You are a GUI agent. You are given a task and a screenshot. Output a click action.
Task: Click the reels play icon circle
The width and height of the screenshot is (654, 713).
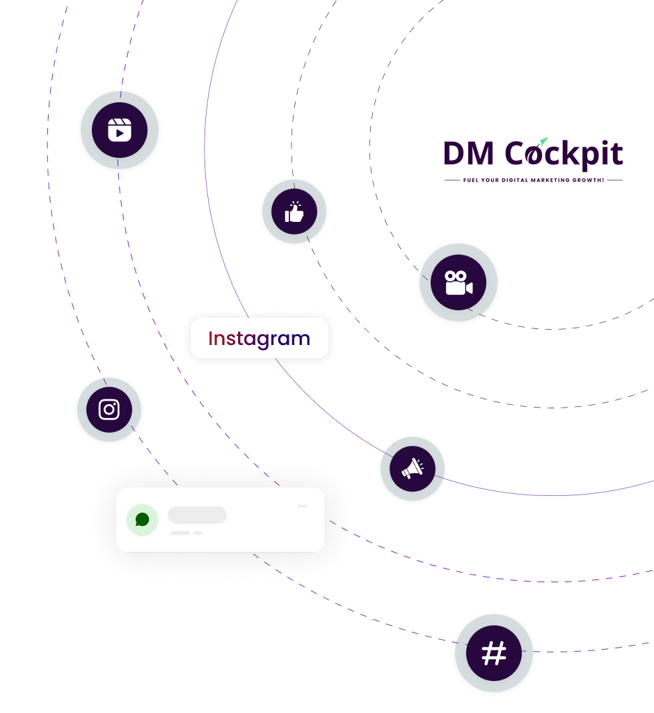pyautogui.click(x=120, y=130)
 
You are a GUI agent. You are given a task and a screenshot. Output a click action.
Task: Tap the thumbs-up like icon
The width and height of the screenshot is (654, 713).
pyautogui.click(x=294, y=211)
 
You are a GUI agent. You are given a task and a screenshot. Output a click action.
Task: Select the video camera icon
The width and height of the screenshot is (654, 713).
pyautogui.click(x=458, y=282)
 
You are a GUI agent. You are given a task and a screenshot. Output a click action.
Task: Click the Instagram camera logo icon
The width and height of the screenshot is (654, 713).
pyautogui.click(x=109, y=410)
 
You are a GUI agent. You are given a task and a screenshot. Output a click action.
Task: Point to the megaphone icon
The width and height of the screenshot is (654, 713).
pyautogui.click(x=413, y=470)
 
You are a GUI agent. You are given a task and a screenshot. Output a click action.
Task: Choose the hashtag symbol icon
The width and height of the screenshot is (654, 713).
pyautogui.click(x=494, y=654)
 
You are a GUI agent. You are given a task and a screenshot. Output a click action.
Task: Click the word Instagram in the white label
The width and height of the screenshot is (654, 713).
pyautogui.click(x=259, y=339)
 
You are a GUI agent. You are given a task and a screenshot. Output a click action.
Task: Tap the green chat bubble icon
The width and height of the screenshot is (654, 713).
pyautogui.click(x=142, y=520)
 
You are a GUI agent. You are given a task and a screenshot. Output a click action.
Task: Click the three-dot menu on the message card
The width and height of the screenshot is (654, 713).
pyautogui.click(x=303, y=506)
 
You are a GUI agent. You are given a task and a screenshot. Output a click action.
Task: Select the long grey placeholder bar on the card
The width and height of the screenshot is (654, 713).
pyautogui.click(x=197, y=515)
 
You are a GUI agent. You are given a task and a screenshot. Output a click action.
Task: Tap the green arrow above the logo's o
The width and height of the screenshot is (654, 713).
pyautogui.click(x=544, y=141)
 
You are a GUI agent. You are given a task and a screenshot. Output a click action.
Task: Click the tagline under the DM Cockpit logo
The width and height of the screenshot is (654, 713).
pyautogui.click(x=533, y=180)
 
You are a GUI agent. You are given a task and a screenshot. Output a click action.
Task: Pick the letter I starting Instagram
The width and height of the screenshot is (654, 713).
pyautogui.click(x=211, y=339)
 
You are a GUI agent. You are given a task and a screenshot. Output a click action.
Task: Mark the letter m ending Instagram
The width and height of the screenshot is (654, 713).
pyautogui.click(x=300, y=340)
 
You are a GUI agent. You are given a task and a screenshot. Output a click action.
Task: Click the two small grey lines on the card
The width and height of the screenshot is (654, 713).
pyautogui.click(x=186, y=533)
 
